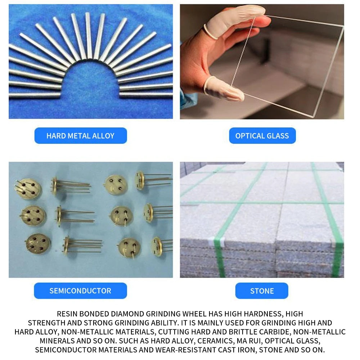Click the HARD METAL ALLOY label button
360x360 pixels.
click(x=81, y=136)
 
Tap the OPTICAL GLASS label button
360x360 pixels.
click(x=262, y=136)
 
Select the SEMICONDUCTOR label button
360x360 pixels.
click(x=80, y=291)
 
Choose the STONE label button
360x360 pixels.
click(x=262, y=291)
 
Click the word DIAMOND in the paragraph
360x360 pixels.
click(x=127, y=314)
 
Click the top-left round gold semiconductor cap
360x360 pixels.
click(x=28, y=189)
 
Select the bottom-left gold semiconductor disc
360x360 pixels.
click(x=37, y=244)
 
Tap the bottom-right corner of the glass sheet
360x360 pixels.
click(x=313, y=117)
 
